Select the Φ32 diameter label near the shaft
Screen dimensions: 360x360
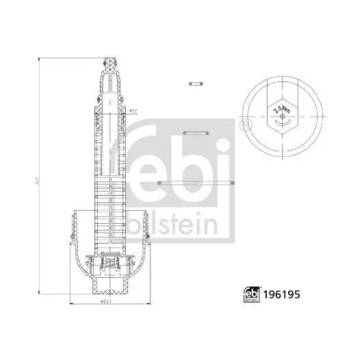click(133, 110)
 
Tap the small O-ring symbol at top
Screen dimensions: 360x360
click(194, 84)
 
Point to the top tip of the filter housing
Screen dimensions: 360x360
click(110, 60)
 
